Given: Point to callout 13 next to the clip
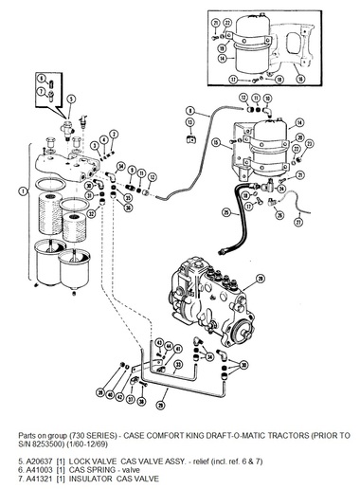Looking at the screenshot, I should pos(243,99).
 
